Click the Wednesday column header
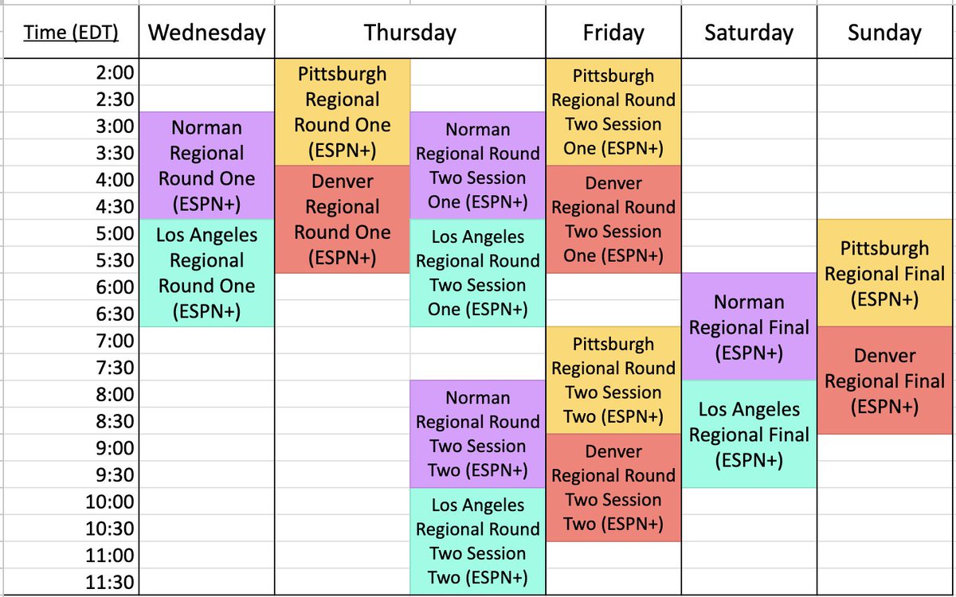(x=206, y=33)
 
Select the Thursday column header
(x=410, y=33)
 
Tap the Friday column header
(x=613, y=33)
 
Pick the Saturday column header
(x=749, y=33)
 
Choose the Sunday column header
(x=884, y=33)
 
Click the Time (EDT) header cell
(x=70, y=33)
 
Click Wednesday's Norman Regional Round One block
(x=206, y=166)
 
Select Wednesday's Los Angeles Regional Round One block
(x=206, y=273)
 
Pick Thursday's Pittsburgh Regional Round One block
(x=343, y=111)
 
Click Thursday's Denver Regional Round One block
(x=343, y=219)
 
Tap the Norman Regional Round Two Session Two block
(x=477, y=434)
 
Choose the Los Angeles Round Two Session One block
(x=477, y=273)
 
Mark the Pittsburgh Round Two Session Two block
(x=613, y=380)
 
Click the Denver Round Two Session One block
(x=613, y=219)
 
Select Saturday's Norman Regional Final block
(x=749, y=327)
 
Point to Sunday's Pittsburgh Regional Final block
(x=884, y=273)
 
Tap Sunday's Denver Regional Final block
(x=884, y=380)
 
